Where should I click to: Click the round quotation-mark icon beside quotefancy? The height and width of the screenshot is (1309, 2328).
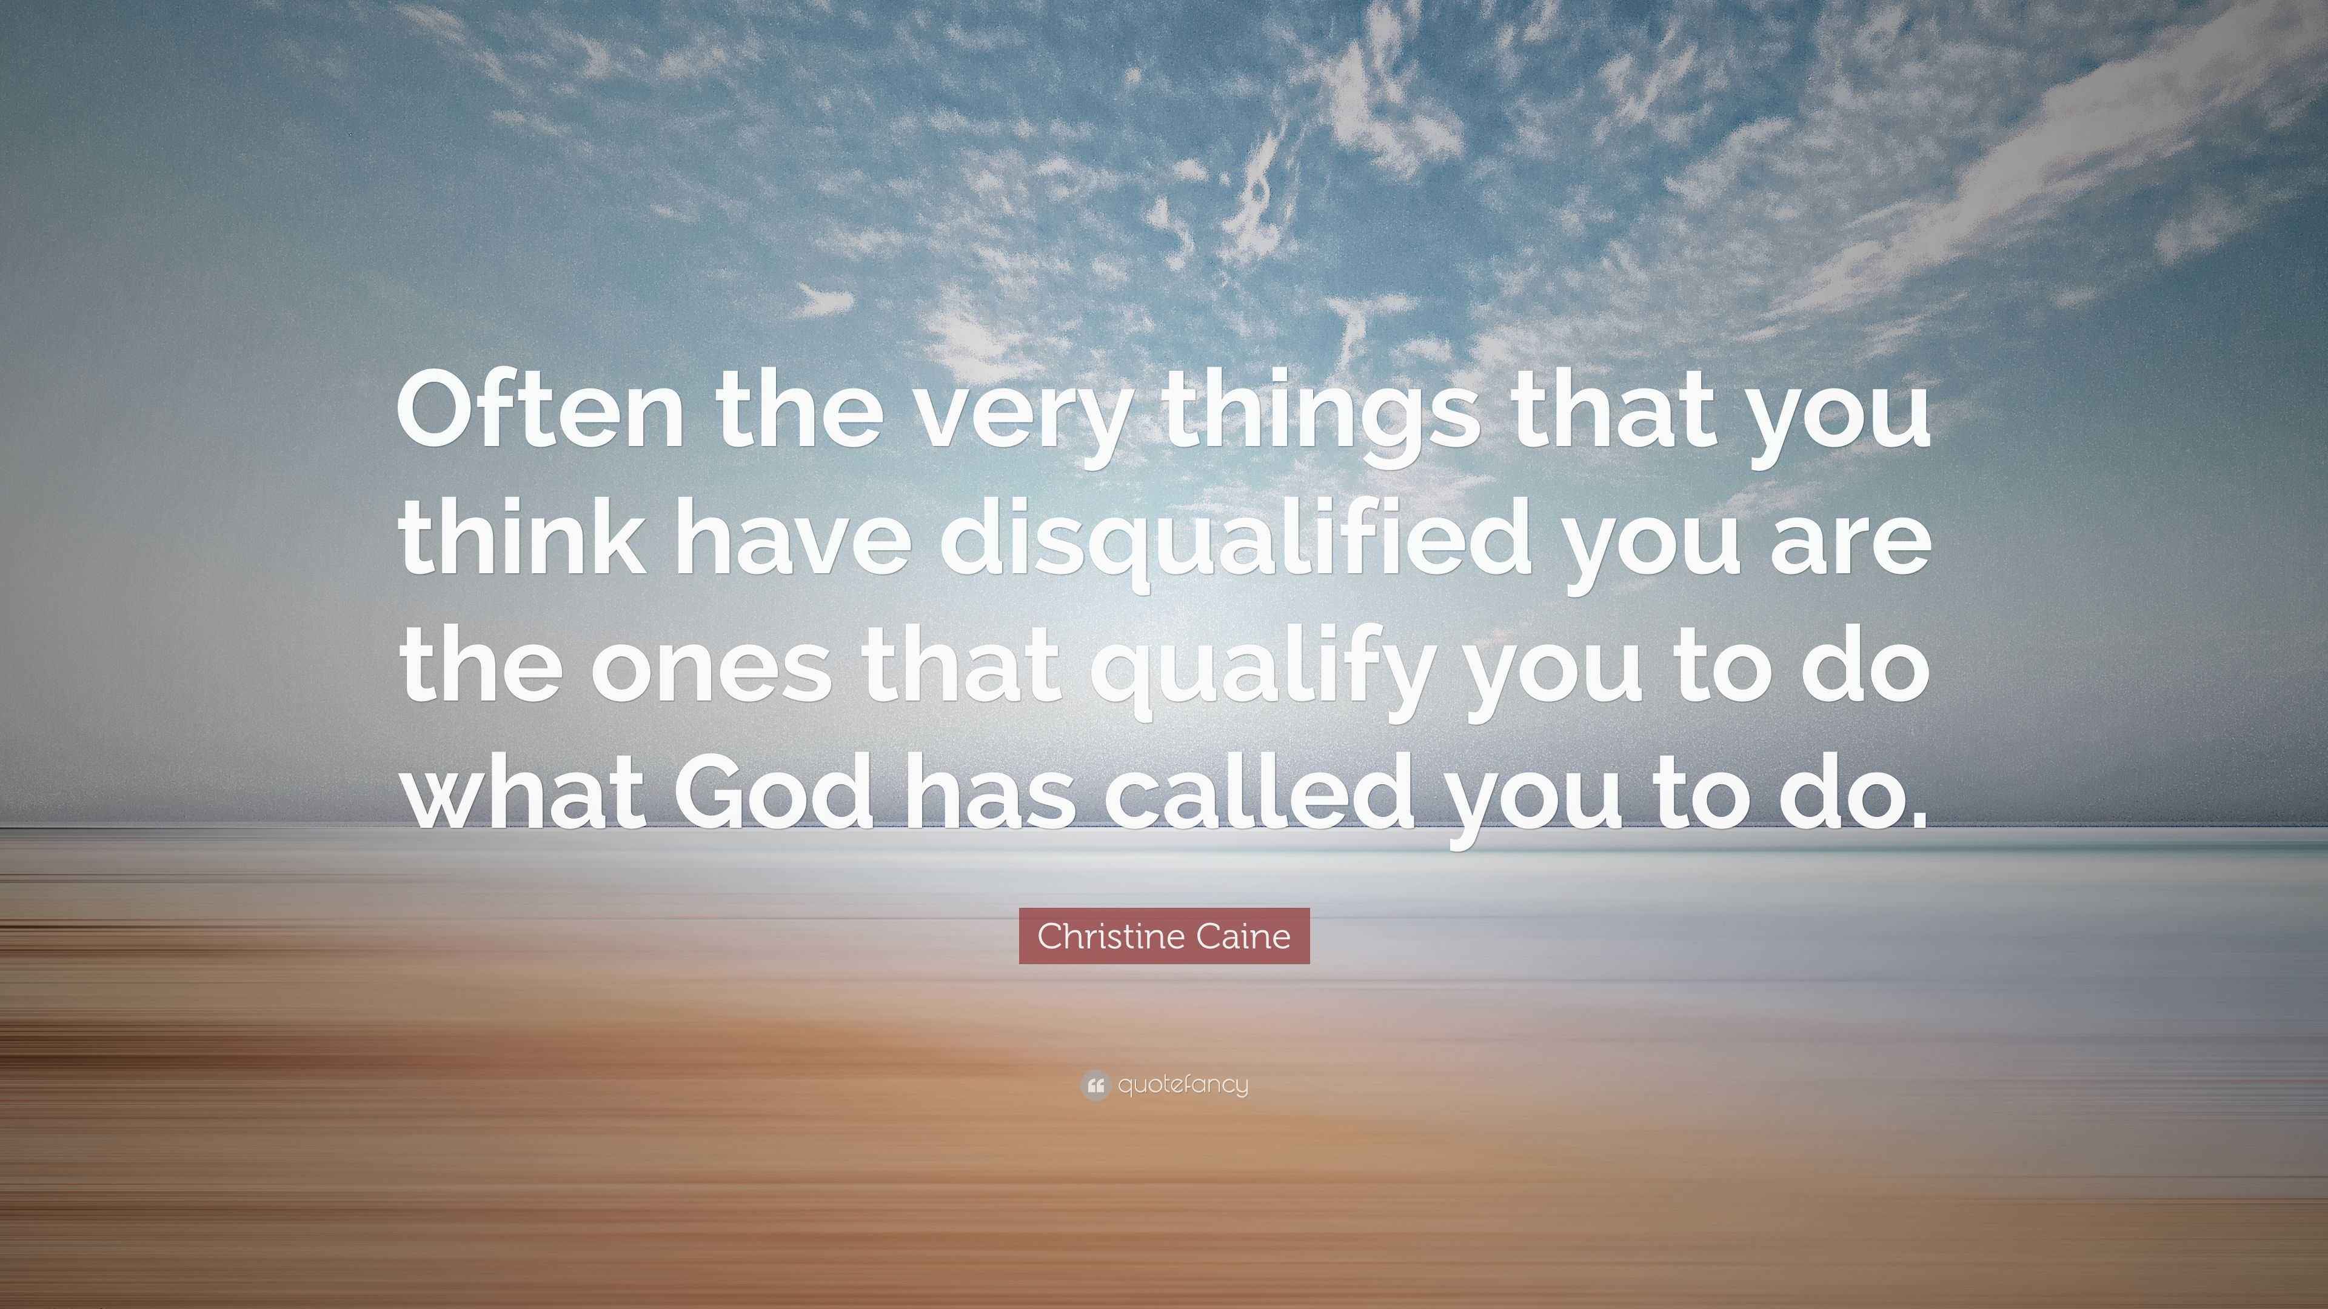pyautogui.click(x=1094, y=1084)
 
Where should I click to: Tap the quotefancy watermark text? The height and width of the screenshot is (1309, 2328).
pyautogui.click(x=1182, y=1084)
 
